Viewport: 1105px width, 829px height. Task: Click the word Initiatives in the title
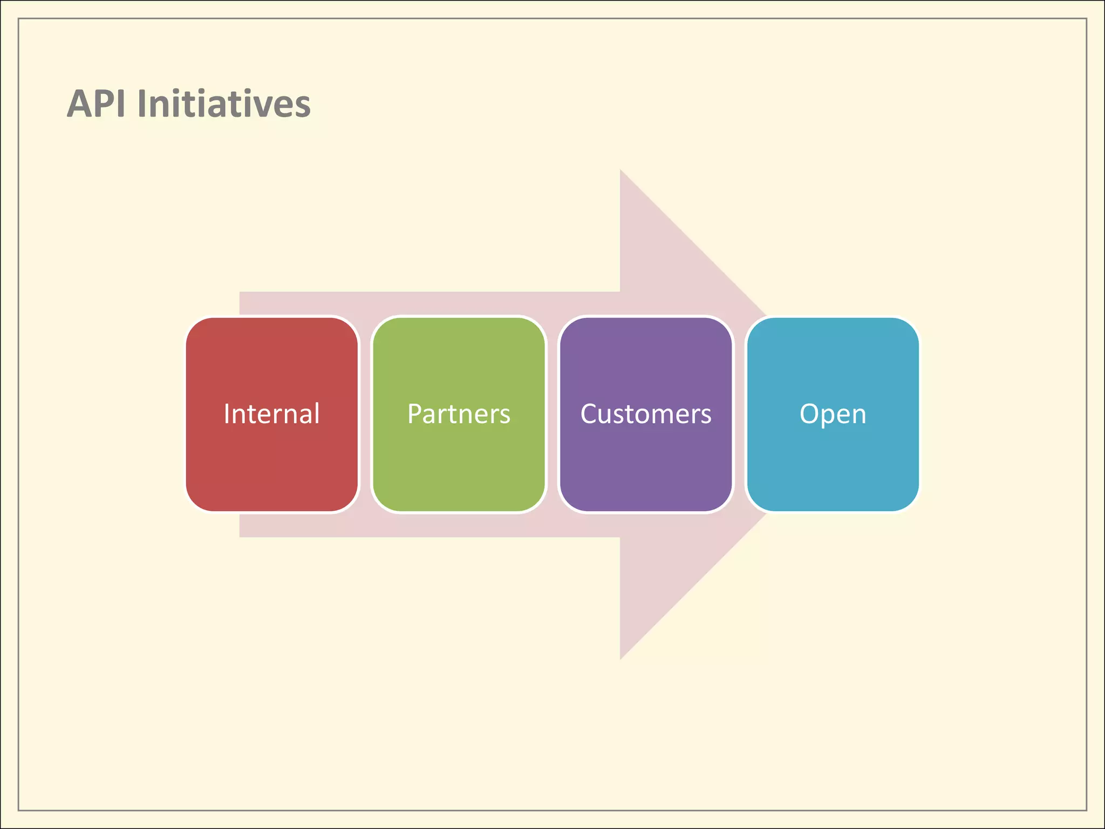tap(224, 104)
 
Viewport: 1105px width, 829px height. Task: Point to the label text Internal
tap(272, 414)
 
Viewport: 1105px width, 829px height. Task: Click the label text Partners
tap(459, 414)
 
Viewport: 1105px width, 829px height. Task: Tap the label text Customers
tap(646, 414)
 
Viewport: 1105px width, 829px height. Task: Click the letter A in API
tap(79, 104)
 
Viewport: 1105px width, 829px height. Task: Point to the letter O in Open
tap(810, 414)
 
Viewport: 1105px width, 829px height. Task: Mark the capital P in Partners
tap(414, 414)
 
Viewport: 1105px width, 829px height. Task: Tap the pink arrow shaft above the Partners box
tap(459, 303)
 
